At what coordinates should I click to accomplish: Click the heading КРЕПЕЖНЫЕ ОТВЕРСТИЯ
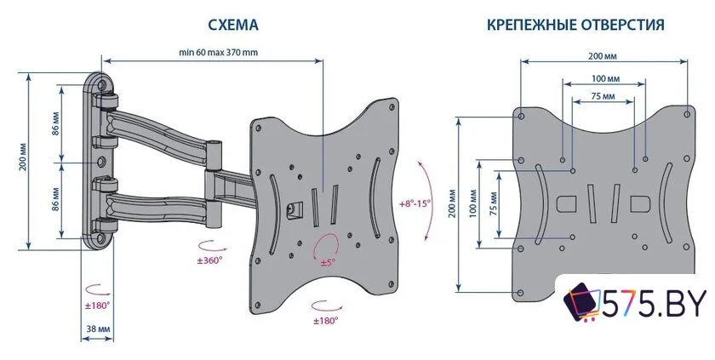point(575,26)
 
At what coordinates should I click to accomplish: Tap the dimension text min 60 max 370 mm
point(218,52)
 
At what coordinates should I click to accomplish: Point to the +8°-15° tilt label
point(415,204)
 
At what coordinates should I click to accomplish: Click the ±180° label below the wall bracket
point(97,304)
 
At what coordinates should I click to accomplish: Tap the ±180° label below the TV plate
point(325,320)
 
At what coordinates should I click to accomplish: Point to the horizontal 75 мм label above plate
point(603,97)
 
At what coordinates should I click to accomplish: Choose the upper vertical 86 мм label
point(54,124)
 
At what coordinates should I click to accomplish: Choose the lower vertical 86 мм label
point(54,197)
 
